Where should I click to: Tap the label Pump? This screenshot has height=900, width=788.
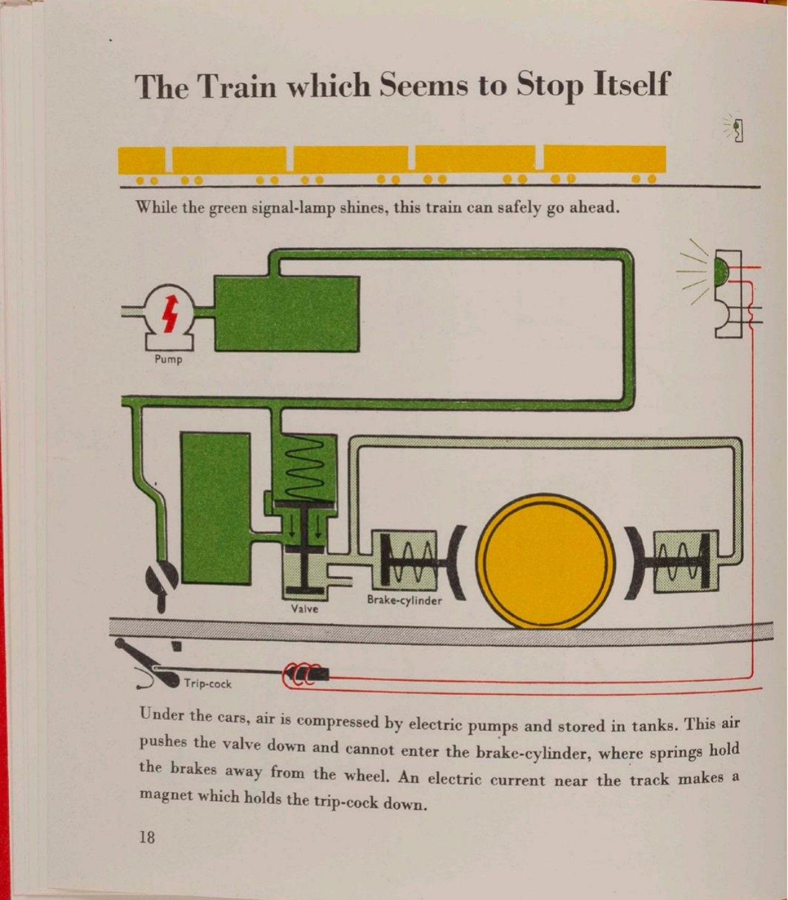click(x=168, y=360)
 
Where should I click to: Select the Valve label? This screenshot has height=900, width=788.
click(x=304, y=609)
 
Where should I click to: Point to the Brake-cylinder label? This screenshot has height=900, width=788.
click(x=404, y=600)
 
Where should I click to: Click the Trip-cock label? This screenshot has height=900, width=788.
click(x=208, y=684)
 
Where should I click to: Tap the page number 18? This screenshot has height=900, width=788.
click(x=147, y=837)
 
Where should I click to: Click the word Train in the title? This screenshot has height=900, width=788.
click(x=239, y=86)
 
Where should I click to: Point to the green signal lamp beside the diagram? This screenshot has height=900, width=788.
click(x=721, y=270)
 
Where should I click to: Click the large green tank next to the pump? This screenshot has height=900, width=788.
click(x=286, y=314)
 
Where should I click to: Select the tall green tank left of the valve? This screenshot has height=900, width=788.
click(x=216, y=508)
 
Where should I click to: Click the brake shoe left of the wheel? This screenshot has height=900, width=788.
click(x=456, y=562)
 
